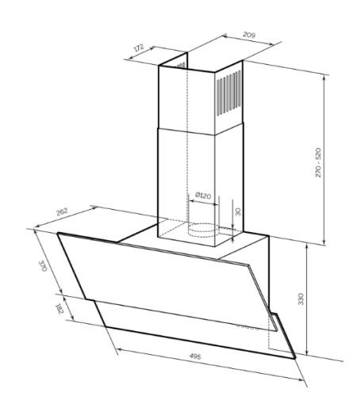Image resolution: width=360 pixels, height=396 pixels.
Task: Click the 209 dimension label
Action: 249,35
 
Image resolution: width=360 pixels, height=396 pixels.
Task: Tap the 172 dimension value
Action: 139,48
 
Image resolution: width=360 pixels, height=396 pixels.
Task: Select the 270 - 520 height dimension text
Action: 318,162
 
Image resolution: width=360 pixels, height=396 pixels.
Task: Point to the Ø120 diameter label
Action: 203,196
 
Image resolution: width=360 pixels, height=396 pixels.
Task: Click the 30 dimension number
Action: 238,211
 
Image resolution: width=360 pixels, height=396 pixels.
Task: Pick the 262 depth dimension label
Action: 62,211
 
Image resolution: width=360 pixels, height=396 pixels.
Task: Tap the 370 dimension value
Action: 43,266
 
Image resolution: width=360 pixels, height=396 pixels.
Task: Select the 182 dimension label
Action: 59,309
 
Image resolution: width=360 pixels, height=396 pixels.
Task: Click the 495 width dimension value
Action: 195,356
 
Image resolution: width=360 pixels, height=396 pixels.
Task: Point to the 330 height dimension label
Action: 301,299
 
